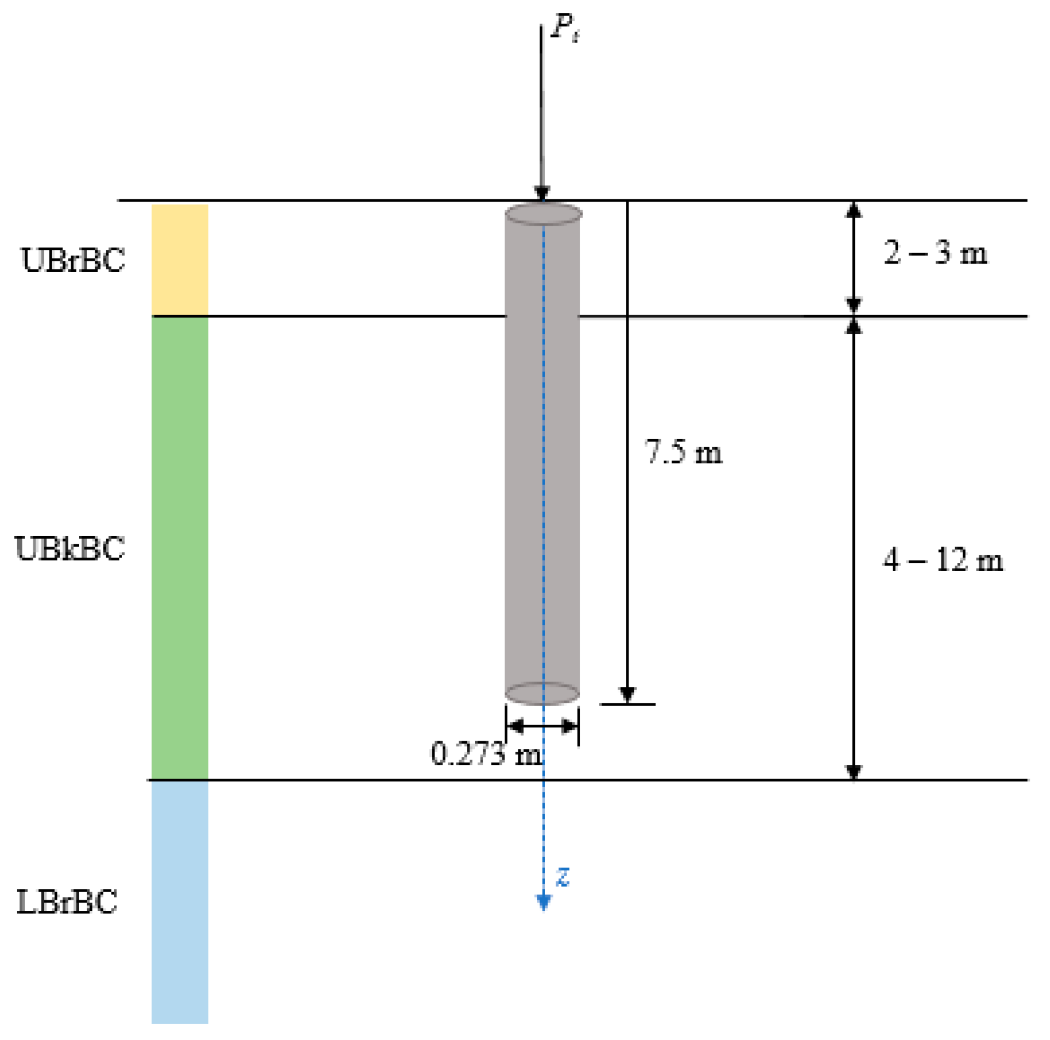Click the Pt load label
564,27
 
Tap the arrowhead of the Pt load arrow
542,193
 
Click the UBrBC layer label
73,260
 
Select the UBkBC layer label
70,548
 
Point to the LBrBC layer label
67,901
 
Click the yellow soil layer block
179,260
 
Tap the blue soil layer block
179,900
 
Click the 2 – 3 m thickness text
935,254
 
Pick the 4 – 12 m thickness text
942,560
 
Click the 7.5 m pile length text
682,452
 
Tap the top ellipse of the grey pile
543,214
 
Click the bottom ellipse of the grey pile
542,693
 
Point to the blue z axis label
562,876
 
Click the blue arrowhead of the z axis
543,903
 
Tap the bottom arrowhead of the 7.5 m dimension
627,695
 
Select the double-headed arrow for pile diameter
542,727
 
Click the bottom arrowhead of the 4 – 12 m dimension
854,772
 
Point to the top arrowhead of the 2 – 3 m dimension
854,209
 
